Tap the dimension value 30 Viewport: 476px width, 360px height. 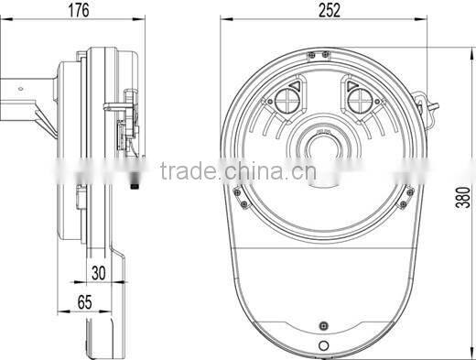coord(98,272)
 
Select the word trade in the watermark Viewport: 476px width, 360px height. coord(186,171)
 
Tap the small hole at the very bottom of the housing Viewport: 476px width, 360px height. coord(326,346)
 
